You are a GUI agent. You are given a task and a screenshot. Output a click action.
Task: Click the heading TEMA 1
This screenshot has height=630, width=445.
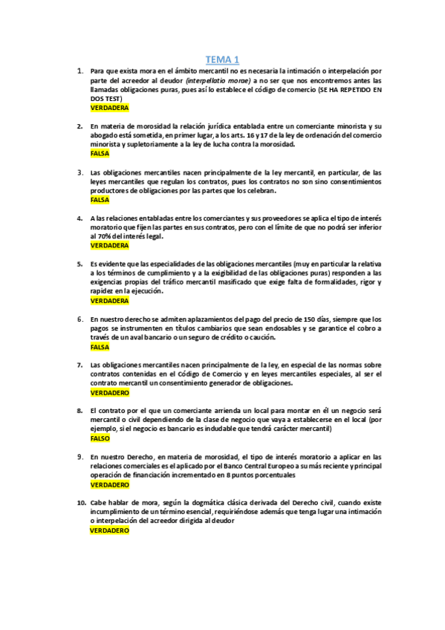(222, 59)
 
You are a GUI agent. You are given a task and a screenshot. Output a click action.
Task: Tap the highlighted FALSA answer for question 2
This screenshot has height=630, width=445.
(100, 154)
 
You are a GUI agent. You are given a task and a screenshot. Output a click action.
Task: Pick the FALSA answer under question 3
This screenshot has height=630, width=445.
(100, 200)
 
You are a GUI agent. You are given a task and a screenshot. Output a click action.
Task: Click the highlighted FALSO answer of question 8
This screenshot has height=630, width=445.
(100, 438)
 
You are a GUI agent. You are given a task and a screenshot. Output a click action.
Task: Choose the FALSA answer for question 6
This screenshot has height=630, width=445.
(100, 346)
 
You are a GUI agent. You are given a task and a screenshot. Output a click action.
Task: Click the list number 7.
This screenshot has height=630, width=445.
(80, 365)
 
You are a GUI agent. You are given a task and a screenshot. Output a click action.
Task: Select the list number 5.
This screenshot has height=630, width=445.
(80, 264)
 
